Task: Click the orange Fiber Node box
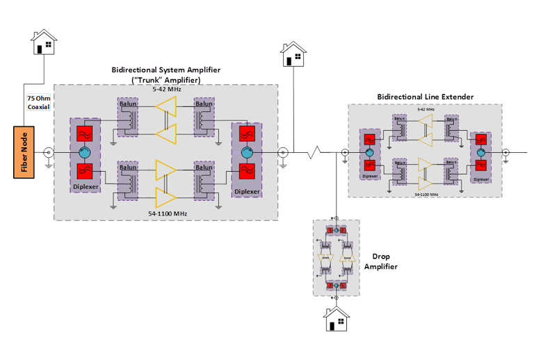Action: (x=24, y=152)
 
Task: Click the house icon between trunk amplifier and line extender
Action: (x=293, y=55)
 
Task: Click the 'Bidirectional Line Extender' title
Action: (x=425, y=97)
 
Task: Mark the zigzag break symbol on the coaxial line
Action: (x=316, y=152)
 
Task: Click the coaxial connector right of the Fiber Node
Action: (x=49, y=152)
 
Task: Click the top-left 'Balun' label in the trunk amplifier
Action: (x=127, y=104)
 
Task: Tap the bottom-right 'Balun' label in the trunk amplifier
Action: (x=204, y=167)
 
